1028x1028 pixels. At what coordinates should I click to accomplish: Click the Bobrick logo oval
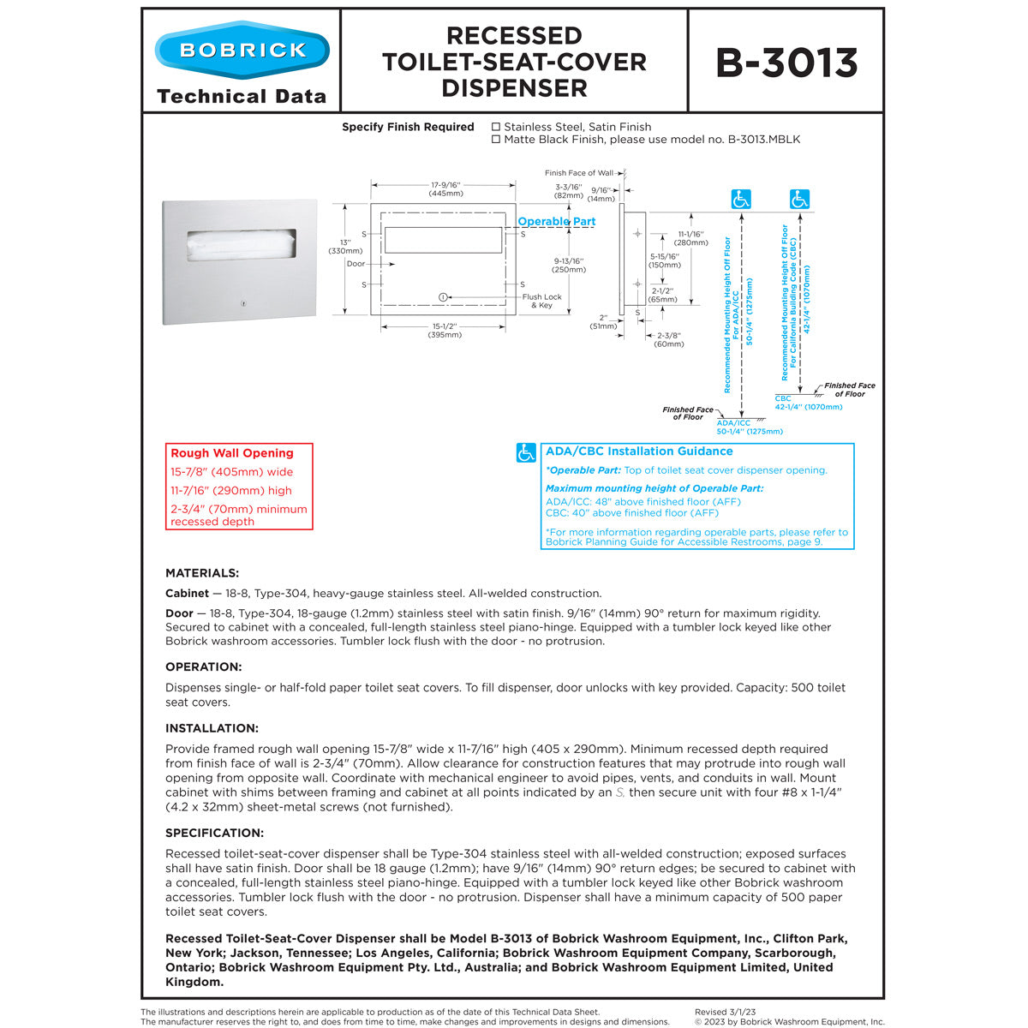click(242, 50)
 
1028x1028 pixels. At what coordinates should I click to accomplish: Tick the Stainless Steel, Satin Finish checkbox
click(496, 127)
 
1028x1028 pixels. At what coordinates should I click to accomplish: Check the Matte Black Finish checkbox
click(496, 140)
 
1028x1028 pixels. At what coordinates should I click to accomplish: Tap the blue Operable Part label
click(556, 222)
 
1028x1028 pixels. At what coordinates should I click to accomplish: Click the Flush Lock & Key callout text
click(541, 301)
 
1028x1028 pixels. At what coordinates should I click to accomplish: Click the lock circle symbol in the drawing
click(442, 297)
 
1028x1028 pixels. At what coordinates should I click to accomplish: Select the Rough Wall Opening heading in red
click(231, 453)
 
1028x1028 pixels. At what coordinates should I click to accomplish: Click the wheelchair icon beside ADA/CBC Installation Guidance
click(526, 453)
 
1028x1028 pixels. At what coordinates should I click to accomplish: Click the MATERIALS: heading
click(202, 573)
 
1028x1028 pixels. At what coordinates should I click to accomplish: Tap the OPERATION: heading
click(204, 667)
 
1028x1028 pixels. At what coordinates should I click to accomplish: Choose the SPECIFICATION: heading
click(214, 833)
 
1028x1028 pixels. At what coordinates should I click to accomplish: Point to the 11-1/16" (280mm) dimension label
click(690, 238)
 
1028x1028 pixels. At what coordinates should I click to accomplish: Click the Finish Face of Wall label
click(578, 173)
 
